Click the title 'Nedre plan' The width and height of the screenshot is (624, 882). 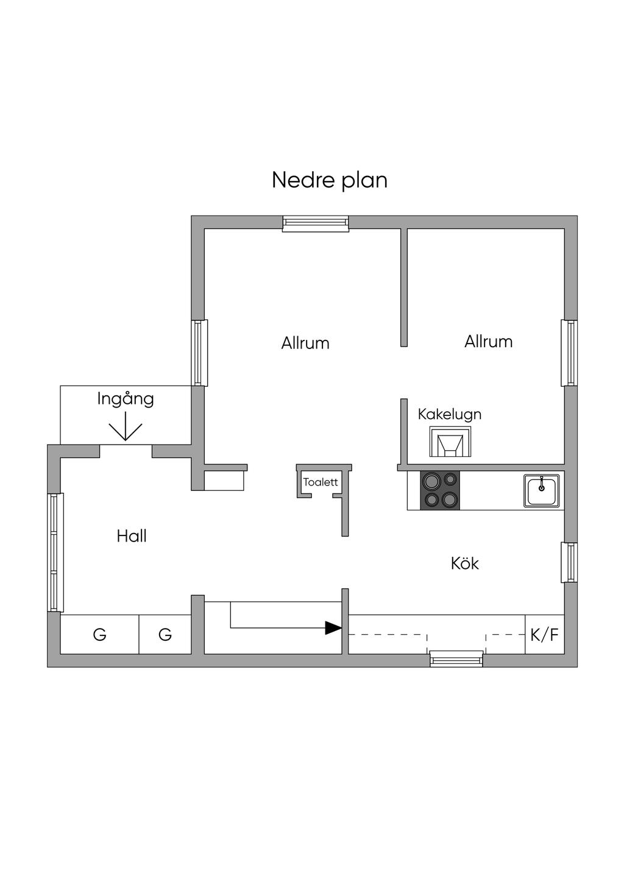click(x=329, y=180)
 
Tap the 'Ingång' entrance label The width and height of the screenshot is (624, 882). click(x=126, y=400)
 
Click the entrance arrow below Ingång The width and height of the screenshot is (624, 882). click(x=125, y=427)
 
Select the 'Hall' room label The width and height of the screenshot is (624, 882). click(x=132, y=536)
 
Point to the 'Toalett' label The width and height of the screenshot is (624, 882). click(x=321, y=482)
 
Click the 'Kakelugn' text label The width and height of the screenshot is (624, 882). click(x=450, y=414)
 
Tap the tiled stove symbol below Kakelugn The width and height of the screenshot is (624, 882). click(x=450, y=442)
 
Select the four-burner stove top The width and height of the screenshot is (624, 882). click(x=441, y=490)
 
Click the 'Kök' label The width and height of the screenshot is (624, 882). click(x=464, y=563)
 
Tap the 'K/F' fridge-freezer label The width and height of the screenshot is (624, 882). click(x=544, y=635)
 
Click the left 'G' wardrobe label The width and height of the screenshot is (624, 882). click(x=99, y=635)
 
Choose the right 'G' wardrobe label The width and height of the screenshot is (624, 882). click(x=165, y=635)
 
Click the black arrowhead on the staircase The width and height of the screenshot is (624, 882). click(x=333, y=627)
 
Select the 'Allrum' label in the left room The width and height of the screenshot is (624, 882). click(x=305, y=343)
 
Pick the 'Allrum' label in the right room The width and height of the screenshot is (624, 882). click(x=488, y=341)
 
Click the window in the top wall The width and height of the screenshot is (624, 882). click(x=316, y=224)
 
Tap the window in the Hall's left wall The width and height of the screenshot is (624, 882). click(x=55, y=552)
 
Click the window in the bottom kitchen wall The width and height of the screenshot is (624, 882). click(x=456, y=658)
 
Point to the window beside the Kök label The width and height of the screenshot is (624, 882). click(x=570, y=562)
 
